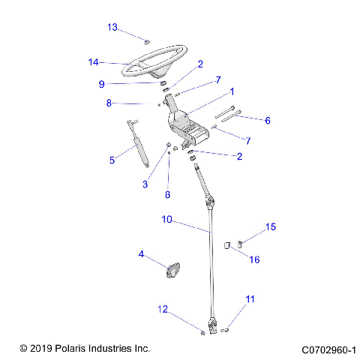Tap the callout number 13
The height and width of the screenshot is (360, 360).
coord(112,28)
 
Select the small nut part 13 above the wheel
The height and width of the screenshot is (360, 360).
coord(147,40)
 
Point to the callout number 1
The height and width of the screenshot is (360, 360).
coord(232,91)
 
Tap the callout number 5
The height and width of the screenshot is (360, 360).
coord(112,160)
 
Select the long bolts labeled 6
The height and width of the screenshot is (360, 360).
coord(228,115)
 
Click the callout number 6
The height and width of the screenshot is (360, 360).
coord(268,120)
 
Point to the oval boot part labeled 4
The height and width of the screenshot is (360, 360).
coord(172,268)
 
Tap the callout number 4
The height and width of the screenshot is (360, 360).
coord(140,254)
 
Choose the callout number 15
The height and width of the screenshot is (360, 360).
coord(271,226)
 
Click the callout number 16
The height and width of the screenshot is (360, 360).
coord(254,260)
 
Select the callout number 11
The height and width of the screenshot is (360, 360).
coord(250,299)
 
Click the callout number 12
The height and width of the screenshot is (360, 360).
coord(161,308)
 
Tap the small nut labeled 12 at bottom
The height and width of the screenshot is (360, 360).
coord(202,331)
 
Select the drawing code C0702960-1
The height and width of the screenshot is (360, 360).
coord(328,349)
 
